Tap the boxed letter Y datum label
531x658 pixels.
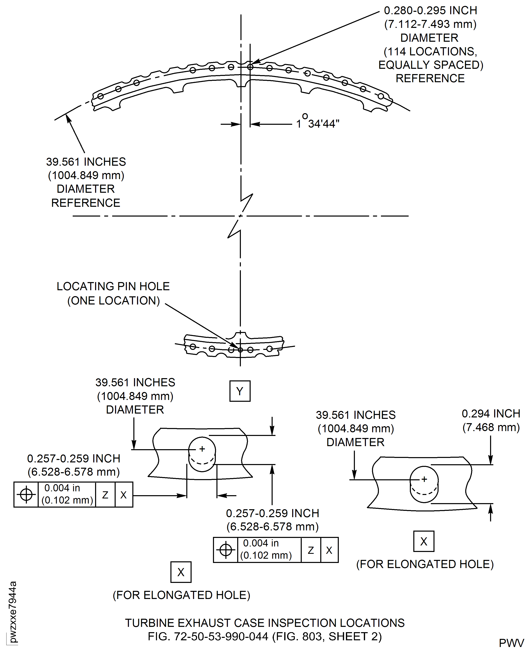pos(240,391)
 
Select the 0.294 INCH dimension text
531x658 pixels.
pos(491,413)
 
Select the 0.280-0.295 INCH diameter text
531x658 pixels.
pos(430,10)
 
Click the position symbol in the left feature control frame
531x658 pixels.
pos(26,494)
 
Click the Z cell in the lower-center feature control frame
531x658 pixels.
pos(311,550)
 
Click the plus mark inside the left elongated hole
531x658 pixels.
pos(202,449)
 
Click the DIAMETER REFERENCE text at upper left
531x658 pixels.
pos(86,196)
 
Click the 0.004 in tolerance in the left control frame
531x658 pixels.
pos(62,488)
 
